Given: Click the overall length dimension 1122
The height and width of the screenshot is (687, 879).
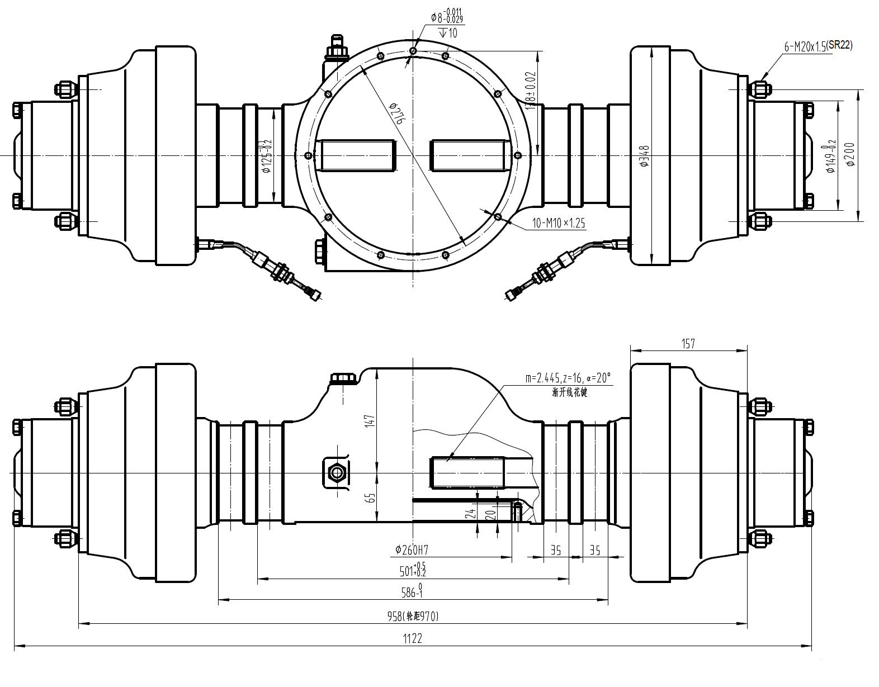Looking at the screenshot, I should (x=413, y=638).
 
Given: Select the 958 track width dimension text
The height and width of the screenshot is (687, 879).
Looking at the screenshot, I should (x=413, y=617).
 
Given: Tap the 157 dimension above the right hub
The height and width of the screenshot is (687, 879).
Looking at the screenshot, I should (x=688, y=343).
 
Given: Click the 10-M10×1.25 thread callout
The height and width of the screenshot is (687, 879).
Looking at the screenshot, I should (x=558, y=223).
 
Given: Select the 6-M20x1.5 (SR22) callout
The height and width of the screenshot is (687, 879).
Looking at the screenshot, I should (x=818, y=47).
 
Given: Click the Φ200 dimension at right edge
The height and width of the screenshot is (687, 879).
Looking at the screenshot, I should (x=850, y=154).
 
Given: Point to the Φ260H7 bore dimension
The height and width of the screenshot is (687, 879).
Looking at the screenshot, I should (x=414, y=550).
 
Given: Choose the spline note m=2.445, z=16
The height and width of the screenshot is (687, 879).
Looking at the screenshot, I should (x=568, y=378).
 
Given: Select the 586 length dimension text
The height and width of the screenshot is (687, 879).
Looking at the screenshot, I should (x=413, y=592).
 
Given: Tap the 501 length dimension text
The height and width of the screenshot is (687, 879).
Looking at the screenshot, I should (x=413, y=571).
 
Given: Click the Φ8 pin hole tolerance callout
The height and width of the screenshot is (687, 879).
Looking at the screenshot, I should (x=446, y=17).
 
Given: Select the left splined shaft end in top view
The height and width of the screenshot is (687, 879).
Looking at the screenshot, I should (x=356, y=155).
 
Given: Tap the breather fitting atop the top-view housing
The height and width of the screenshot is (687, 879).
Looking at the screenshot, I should (x=337, y=47).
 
